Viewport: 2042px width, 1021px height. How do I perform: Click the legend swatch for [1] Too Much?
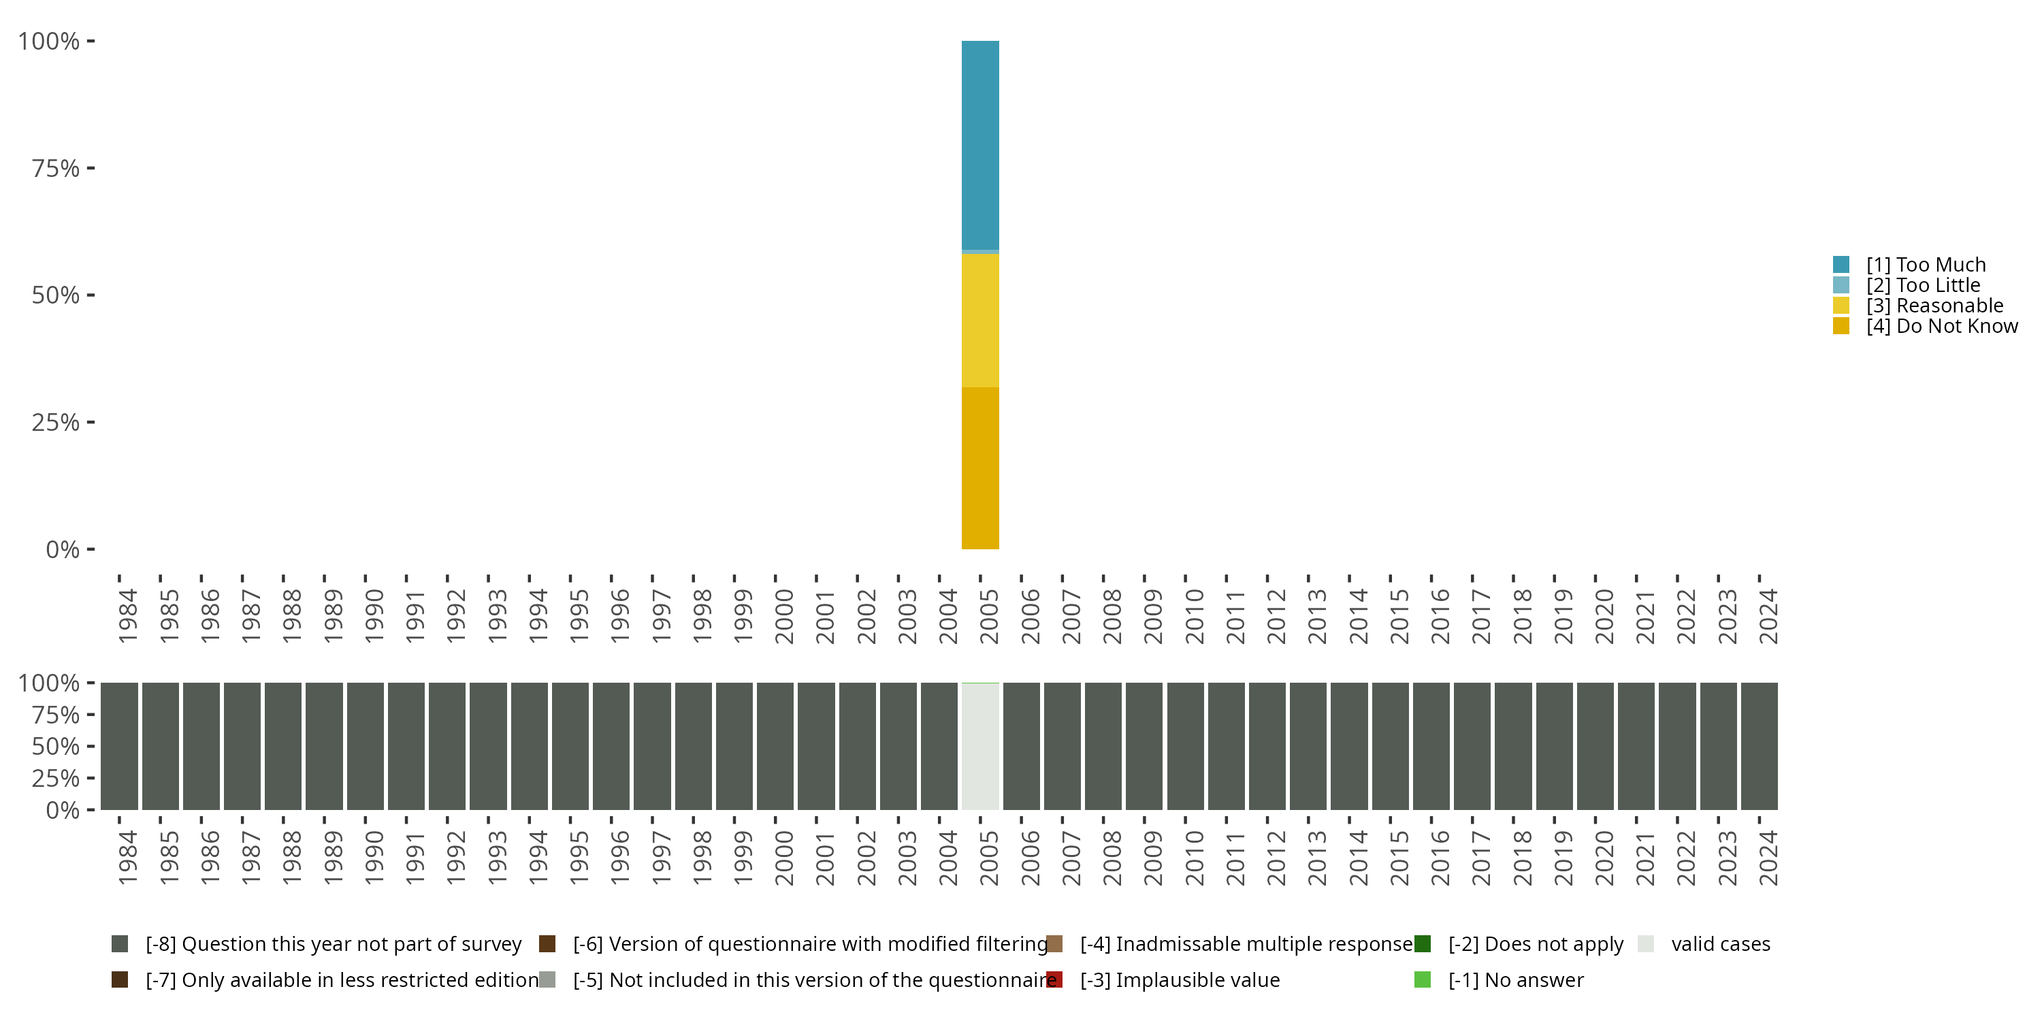tap(1841, 265)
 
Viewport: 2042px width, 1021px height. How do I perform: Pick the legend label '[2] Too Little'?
tap(1923, 285)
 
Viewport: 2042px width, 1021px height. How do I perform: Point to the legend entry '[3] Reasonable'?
tap(1934, 306)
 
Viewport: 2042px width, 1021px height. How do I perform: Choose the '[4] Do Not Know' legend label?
tap(1942, 327)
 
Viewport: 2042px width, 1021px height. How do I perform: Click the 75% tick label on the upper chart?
tap(56, 168)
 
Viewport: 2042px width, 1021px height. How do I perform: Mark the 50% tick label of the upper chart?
tap(56, 295)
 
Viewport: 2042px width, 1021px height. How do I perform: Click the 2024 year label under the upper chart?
tap(1768, 616)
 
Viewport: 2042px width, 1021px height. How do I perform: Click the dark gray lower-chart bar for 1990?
tap(365, 747)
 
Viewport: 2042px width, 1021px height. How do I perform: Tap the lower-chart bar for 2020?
tap(1595, 747)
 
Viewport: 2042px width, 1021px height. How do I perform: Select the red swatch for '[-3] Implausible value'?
tap(1054, 979)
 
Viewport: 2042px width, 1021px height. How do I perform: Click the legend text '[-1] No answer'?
tap(1516, 981)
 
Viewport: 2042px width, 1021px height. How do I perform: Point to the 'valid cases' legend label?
tap(1721, 944)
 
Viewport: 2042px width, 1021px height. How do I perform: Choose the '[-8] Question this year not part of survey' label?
tap(334, 944)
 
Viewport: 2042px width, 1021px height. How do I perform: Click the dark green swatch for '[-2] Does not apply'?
tap(1422, 943)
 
